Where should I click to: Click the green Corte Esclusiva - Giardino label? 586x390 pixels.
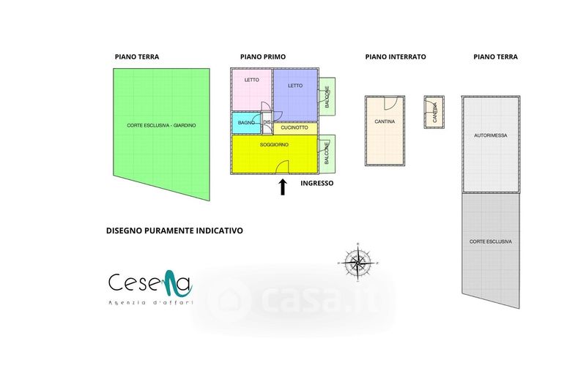coord(161,125)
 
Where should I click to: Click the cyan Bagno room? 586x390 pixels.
coord(246,122)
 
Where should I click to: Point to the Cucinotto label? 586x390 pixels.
coord(294,128)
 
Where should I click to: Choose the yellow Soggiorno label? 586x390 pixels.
coord(274,145)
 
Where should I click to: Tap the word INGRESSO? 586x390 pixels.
coord(317,184)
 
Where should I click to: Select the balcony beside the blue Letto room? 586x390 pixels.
coord(327,98)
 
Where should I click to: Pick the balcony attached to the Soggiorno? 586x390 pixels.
coord(327,154)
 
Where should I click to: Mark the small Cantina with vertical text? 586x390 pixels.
coord(434,112)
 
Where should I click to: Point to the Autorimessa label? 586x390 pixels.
coord(491,135)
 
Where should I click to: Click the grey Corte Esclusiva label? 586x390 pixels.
coord(491,241)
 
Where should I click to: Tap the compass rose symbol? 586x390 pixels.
coord(357,261)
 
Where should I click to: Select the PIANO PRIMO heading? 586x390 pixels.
coord(263,56)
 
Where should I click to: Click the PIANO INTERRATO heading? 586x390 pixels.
coord(396,56)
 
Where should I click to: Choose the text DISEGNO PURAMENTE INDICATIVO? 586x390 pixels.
coord(174,230)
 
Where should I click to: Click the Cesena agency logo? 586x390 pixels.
coord(150,288)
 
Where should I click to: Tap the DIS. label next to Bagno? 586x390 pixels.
coord(267,122)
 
